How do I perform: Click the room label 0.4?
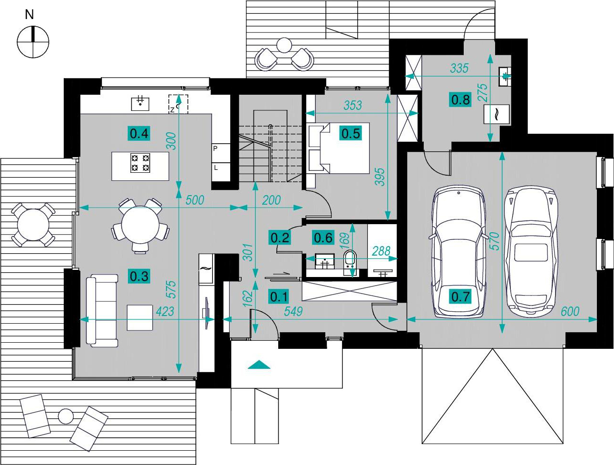pos(139,133)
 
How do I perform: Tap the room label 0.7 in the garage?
pos(460,296)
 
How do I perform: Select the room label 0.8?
pos(460,99)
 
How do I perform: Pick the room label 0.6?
pos(323,237)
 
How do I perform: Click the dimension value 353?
pos(353,105)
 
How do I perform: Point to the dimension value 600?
pos(570,311)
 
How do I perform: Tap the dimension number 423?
pos(165,311)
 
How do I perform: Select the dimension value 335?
pos(459,68)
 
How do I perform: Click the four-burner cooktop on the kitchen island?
pos(140,163)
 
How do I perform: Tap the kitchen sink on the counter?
pos(140,104)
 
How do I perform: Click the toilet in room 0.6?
pos(350,262)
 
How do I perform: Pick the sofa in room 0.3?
pos(102,311)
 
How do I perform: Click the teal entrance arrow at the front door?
pos(259,365)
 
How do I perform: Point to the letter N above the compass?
pos(29,15)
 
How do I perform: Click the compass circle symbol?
pos(33,42)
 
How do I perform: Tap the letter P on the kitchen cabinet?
pos(215,148)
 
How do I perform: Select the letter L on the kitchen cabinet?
pos(215,168)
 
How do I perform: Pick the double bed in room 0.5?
pos(339,148)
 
